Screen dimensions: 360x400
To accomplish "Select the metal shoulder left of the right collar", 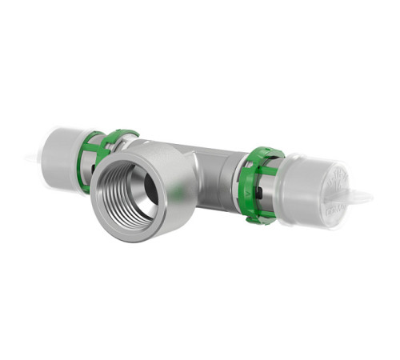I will pyautogui.click(x=232, y=180).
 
